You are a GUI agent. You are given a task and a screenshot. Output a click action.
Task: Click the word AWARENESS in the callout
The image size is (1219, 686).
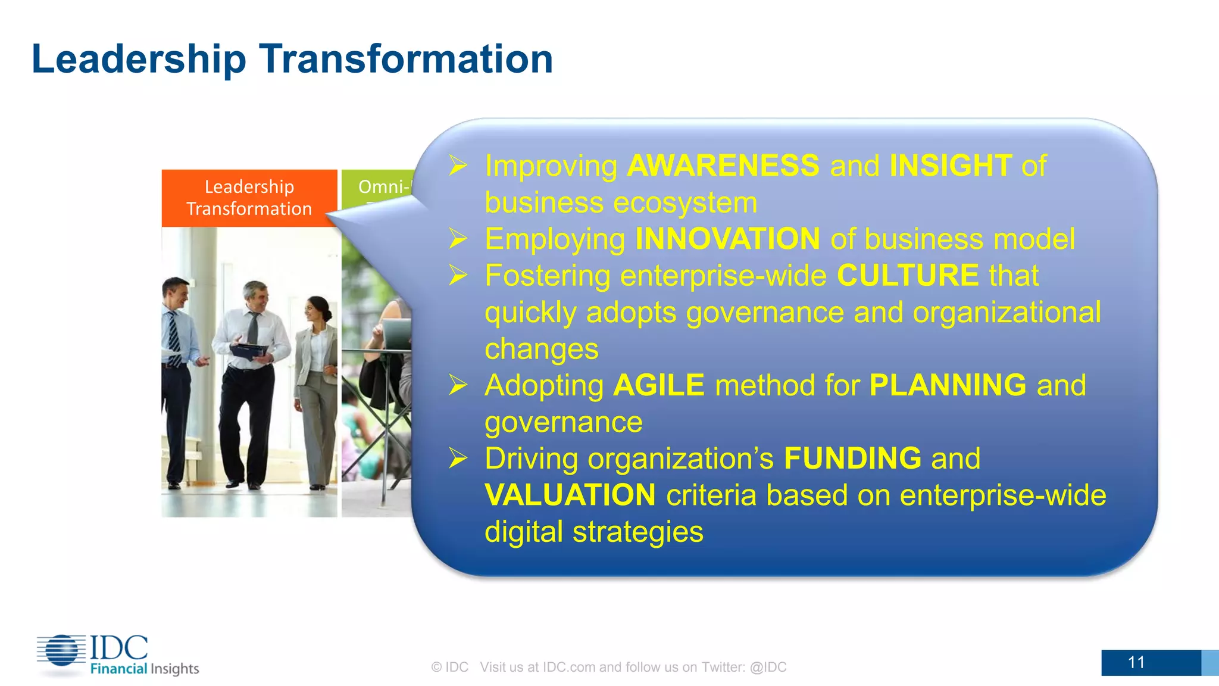coord(723,166)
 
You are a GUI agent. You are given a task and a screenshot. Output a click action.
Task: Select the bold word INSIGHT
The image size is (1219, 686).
coord(950,166)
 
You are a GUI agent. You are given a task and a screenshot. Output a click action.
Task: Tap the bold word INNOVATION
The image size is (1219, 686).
coord(727,239)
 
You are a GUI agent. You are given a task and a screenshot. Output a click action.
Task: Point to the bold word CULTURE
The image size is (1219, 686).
coord(907,276)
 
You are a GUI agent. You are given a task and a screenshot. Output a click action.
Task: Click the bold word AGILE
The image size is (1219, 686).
coord(658,385)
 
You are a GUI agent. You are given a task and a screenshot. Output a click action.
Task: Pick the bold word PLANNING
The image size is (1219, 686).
coord(947,385)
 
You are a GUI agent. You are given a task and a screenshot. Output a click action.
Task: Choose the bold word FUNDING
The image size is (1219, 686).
coord(852,459)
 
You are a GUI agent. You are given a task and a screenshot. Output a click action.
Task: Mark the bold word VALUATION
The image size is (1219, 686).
coord(570,495)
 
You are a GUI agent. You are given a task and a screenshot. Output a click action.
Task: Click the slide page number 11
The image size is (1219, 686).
coord(1136,662)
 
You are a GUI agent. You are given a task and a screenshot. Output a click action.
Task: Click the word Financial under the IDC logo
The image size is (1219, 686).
coord(118,669)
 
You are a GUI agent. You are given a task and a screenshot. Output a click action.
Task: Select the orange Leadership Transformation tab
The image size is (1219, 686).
coord(249,198)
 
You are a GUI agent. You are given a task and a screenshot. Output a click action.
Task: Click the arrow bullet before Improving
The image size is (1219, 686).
coord(458,166)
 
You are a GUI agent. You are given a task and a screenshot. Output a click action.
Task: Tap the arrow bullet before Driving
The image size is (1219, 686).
coord(458,459)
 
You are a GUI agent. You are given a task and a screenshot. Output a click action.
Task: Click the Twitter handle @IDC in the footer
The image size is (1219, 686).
coord(768,667)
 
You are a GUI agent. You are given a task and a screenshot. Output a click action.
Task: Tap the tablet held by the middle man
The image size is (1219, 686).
coord(249,351)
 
